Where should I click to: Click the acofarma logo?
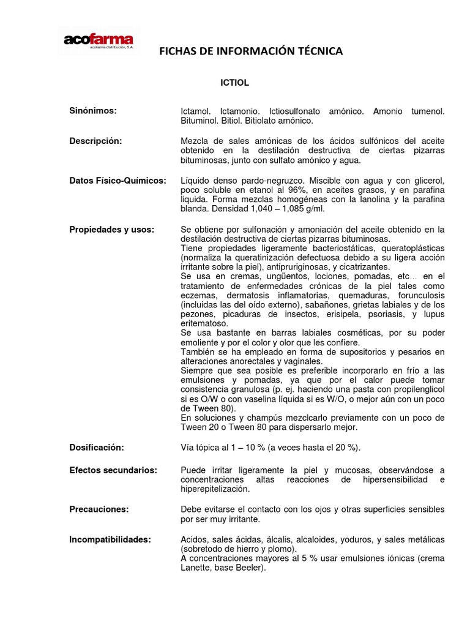coord(98,42)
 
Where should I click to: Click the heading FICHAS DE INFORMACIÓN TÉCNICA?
coord(251,52)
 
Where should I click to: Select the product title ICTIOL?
coord(234,81)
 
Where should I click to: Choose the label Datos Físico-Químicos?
coord(117,181)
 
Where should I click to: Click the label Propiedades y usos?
coord(111,229)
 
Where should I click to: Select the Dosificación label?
coord(96,448)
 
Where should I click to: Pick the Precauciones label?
coord(98,509)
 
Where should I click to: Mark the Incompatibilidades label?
coord(110,539)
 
